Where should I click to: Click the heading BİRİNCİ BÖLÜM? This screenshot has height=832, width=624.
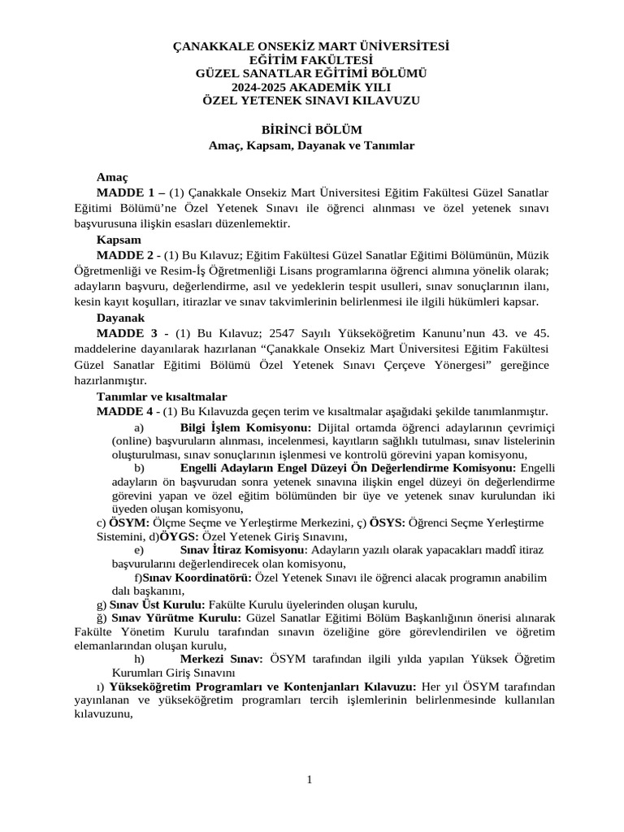311,129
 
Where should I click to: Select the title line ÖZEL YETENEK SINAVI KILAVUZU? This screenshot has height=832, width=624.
311,100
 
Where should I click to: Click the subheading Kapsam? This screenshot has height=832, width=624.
119,240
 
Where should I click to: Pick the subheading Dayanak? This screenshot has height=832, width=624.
122,318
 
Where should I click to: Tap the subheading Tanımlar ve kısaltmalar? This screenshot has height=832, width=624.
161,396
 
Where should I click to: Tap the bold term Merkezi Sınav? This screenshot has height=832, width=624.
221,658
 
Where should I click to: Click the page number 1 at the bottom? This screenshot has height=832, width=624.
310,780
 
